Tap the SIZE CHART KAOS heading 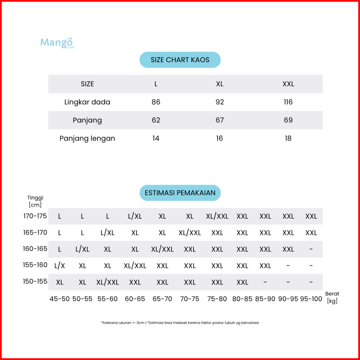click(x=180, y=60)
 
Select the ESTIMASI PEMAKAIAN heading click(x=180, y=193)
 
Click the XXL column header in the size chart click(x=288, y=84)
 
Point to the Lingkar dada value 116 click(x=288, y=102)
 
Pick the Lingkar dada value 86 click(x=156, y=102)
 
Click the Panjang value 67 click(x=220, y=120)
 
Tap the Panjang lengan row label click(x=87, y=138)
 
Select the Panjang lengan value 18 click(x=288, y=138)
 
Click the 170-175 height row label click(x=35, y=216)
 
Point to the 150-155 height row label click(x=35, y=281)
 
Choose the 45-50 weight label click(x=60, y=299)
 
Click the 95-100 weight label click(x=311, y=299)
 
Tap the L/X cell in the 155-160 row click(x=60, y=266)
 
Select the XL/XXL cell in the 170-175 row click(x=217, y=216)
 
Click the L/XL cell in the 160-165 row click(x=83, y=249)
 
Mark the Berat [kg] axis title click(x=332, y=297)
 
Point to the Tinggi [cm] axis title click(x=35, y=201)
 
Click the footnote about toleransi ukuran click(x=180, y=323)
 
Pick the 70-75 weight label click(x=190, y=299)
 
